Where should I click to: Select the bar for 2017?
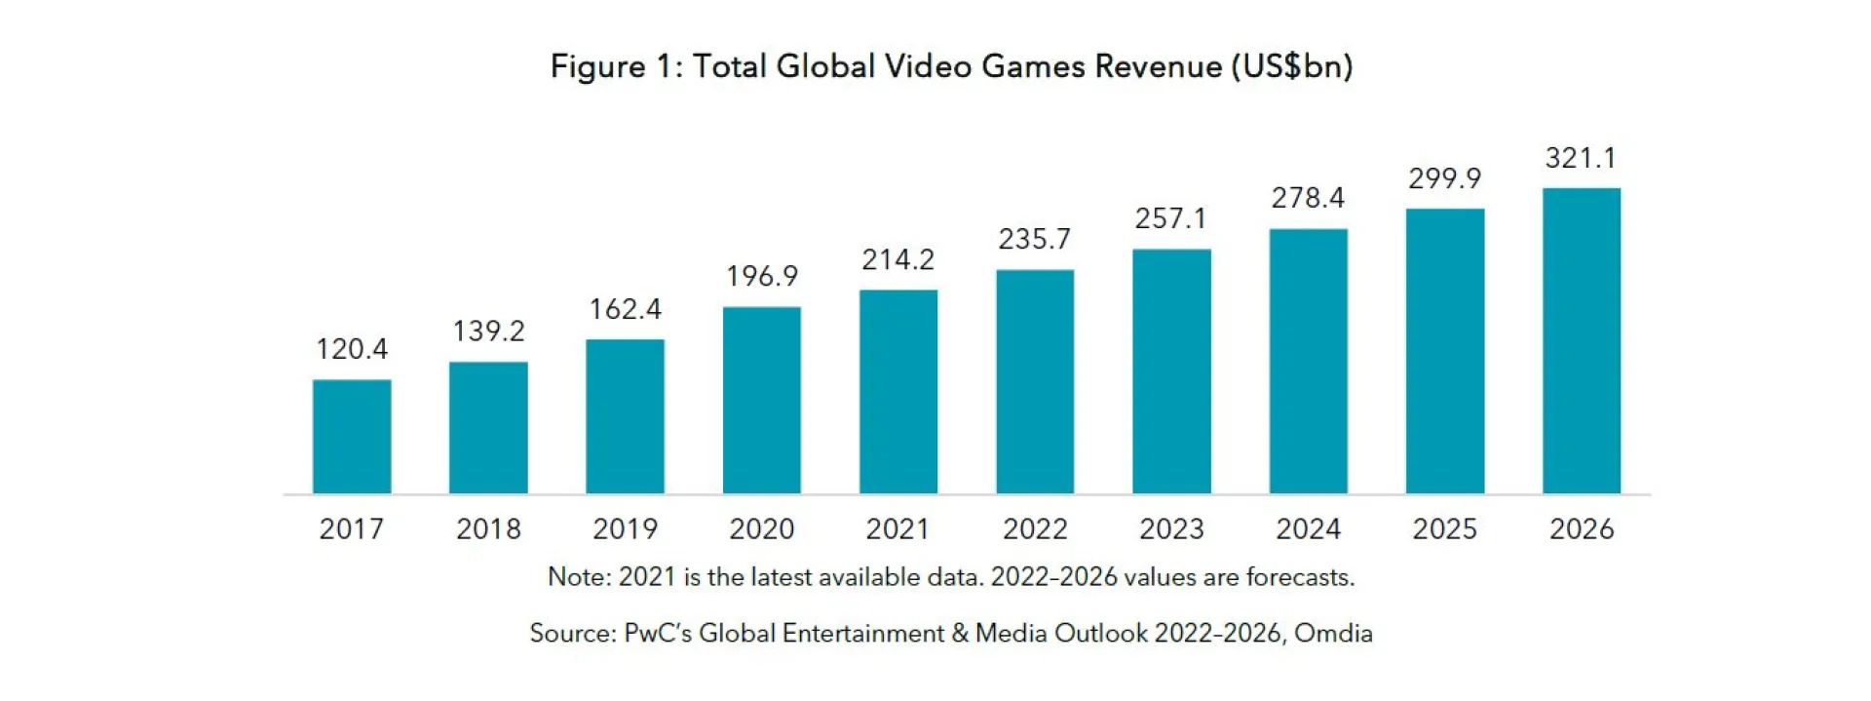pyautogui.click(x=352, y=437)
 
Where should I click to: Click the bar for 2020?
pyautogui.click(x=761, y=401)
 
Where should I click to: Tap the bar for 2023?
pyautogui.click(x=1171, y=371)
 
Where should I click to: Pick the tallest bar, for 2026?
pyautogui.click(x=1581, y=341)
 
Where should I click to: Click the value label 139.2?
pyautogui.click(x=488, y=331)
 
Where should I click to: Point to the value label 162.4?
pyautogui.click(x=625, y=309)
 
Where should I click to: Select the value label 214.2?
pyautogui.click(x=897, y=259)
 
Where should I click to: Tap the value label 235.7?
pyautogui.click(x=1034, y=239)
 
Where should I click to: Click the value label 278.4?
pyautogui.click(x=1308, y=198)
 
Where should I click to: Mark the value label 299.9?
pyautogui.click(x=1444, y=178)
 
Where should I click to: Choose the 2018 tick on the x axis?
pyautogui.click(x=488, y=528)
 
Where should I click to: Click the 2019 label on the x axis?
pyautogui.click(x=625, y=528)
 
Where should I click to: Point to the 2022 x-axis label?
pyautogui.click(x=1035, y=528)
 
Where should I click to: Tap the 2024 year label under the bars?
pyautogui.click(x=1308, y=528)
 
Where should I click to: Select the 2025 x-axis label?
pyautogui.click(x=1444, y=528)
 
